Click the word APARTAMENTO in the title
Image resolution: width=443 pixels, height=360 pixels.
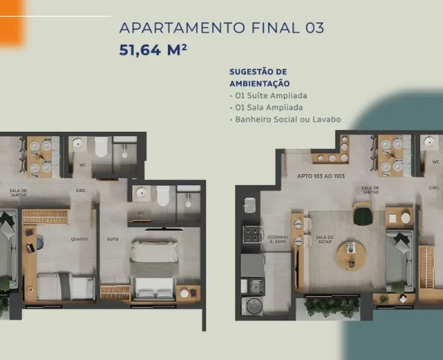(182, 27)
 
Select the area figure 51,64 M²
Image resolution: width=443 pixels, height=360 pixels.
(153, 50)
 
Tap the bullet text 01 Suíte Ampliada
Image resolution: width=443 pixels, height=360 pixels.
(271, 96)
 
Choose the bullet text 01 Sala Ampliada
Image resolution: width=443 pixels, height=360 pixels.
(269, 107)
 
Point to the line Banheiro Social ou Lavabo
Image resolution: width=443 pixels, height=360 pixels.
(288, 119)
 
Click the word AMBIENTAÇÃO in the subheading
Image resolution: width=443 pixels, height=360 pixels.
(259, 84)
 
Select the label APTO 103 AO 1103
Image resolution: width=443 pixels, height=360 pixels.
(321, 176)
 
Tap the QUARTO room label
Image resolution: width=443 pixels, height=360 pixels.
(79, 239)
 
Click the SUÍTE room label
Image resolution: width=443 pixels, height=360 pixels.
(113, 239)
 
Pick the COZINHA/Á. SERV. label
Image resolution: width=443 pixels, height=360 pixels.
(278, 239)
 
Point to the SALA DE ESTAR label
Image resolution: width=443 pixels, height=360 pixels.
(324, 239)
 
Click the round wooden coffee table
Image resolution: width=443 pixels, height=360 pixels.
(350, 256)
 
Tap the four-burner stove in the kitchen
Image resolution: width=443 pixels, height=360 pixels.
(252, 234)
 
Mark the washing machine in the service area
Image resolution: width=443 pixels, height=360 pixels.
(252, 306)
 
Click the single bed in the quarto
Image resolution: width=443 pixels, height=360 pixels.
(66, 286)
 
